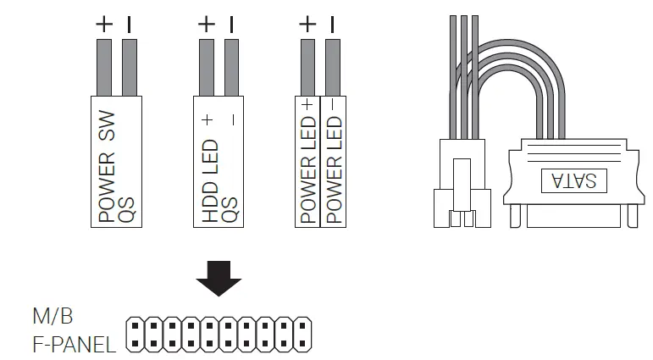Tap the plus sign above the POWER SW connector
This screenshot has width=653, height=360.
tap(104, 25)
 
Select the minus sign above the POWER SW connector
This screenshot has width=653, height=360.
tap(130, 25)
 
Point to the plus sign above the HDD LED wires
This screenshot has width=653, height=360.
tap(206, 25)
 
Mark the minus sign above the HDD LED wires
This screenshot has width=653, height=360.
tap(232, 25)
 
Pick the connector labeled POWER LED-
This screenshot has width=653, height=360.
tap(334, 161)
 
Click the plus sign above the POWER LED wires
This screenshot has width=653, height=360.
tap(308, 25)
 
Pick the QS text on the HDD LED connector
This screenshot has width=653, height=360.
tap(229, 210)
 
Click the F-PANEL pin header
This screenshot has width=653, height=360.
tap(219, 335)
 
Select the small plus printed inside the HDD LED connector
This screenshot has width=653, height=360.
tap(208, 120)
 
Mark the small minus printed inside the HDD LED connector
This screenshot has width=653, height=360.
tap(232, 120)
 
